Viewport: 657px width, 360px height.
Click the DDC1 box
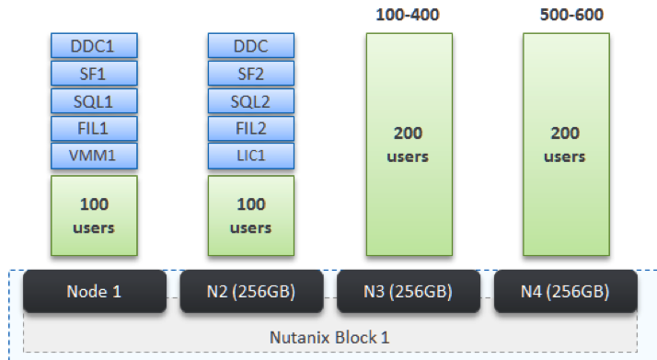(x=93, y=45)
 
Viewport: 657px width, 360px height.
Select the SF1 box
(x=93, y=73)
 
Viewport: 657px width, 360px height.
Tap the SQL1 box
(x=93, y=100)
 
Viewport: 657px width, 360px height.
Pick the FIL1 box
(x=93, y=128)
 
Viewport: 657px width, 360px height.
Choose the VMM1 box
(x=93, y=156)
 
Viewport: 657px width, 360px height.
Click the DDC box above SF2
(x=250, y=45)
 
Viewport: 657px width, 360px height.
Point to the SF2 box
(x=250, y=73)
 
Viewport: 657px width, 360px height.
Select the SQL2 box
(x=250, y=100)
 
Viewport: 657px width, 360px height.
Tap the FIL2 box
(x=250, y=128)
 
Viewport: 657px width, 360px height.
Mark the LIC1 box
(x=250, y=156)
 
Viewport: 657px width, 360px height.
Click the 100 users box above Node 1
(x=93, y=215)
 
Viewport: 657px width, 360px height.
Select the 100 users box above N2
(x=250, y=215)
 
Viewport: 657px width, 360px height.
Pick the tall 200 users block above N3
(x=408, y=145)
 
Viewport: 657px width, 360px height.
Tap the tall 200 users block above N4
(x=564, y=145)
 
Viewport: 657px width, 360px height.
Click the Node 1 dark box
(x=93, y=292)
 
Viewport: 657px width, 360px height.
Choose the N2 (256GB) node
(x=250, y=292)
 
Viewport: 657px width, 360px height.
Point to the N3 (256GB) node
(x=408, y=292)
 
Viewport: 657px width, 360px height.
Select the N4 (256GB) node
(x=564, y=292)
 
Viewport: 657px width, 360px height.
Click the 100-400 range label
(x=408, y=16)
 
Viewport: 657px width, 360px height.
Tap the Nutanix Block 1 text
(x=328, y=336)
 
